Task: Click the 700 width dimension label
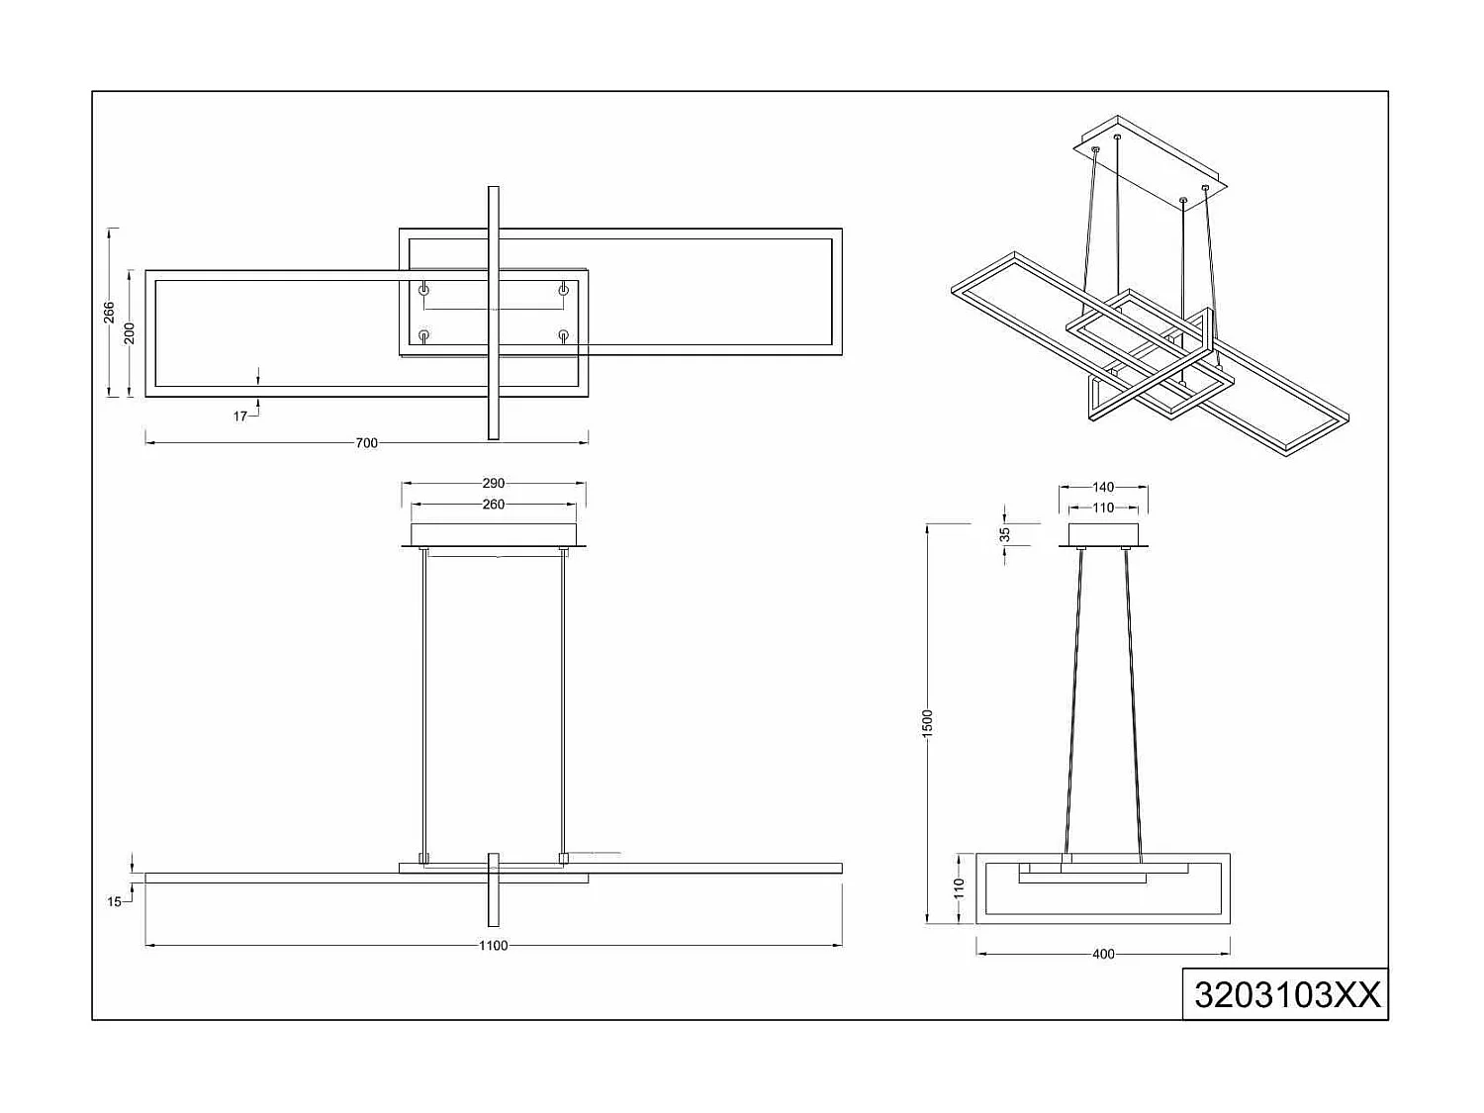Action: pyautogui.click(x=366, y=443)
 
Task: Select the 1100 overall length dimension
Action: pyautogui.click(x=493, y=946)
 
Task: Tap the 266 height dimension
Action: pyautogui.click(x=109, y=313)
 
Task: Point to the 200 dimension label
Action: pyautogui.click(x=130, y=333)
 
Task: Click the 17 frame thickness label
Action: pyautogui.click(x=240, y=417)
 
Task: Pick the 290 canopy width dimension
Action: pyautogui.click(x=493, y=484)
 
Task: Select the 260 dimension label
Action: pyautogui.click(x=493, y=505)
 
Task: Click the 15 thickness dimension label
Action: pyautogui.click(x=115, y=901)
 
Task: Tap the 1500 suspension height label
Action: pyautogui.click(x=927, y=722)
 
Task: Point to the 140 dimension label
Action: pyautogui.click(x=1103, y=487)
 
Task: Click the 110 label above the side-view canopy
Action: pyautogui.click(x=1103, y=508)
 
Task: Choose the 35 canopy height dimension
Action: pyautogui.click(x=1005, y=534)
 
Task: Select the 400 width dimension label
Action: pyautogui.click(x=1103, y=955)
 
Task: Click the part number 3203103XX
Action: pyautogui.click(x=1286, y=994)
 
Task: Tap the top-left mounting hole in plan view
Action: pyautogui.click(x=424, y=289)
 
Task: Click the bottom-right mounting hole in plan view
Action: pyautogui.click(x=563, y=335)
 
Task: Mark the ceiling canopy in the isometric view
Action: pyautogui.click(x=1153, y=163)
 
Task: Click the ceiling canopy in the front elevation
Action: pyautogui.click(x=493, y=534)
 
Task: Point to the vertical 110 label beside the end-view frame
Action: pyautogui.click(x=958, y=887)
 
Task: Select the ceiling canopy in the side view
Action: pyautogui.click(x=1103, y=534)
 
